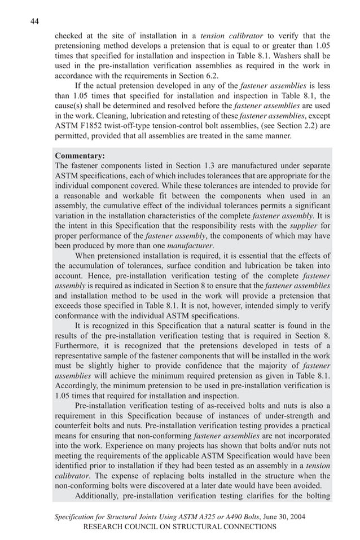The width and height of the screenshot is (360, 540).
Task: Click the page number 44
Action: [34, 21]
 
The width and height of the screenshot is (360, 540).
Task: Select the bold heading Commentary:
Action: [80, 155]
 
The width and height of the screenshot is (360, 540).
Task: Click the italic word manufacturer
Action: [192, 245]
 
